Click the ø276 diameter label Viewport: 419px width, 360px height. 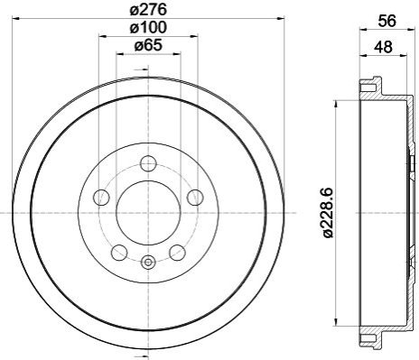[x=148, y=10]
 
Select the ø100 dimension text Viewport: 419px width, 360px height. [x=148, y=28]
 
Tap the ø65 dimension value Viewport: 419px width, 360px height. [x=148, y=46]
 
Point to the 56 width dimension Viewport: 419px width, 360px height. [x=386, y=21]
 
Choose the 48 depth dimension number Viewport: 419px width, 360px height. [x=383, y=47]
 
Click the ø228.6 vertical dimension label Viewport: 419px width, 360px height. [x=328, y=213]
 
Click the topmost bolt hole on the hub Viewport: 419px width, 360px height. [x=148, y=163]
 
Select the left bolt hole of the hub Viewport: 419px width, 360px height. [x=102, y=198]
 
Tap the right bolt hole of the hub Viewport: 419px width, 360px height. [x=195, y=198]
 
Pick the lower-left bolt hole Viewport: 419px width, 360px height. [x=119, y=253]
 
